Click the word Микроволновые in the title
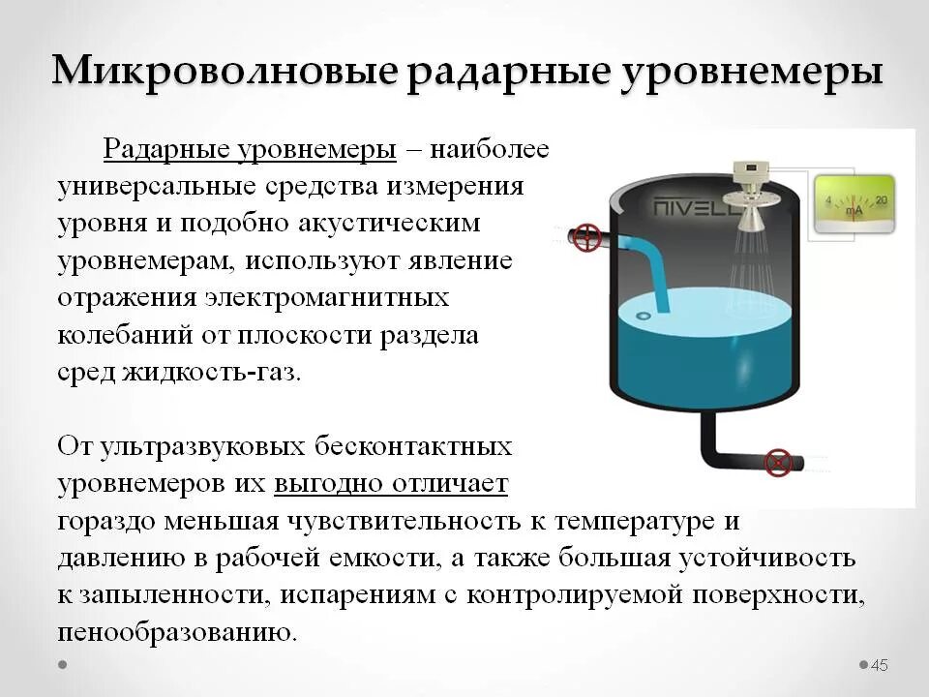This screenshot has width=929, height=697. pos(225,73)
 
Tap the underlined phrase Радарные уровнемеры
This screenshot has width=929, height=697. pos(250,150)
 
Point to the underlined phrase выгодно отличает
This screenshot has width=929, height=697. pos(391,483)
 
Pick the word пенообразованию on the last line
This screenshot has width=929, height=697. pos(175,632)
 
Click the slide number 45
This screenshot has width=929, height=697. pos(880,665)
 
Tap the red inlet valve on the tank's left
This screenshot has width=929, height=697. pos(586,237)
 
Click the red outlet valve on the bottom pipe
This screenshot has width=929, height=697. pos(777,463)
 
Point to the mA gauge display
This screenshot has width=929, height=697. pos(854,204)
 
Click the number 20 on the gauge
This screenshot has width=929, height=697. pos(881,200)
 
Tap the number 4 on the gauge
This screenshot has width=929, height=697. pos(827,201)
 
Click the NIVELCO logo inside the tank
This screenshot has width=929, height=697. pos(690,207)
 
